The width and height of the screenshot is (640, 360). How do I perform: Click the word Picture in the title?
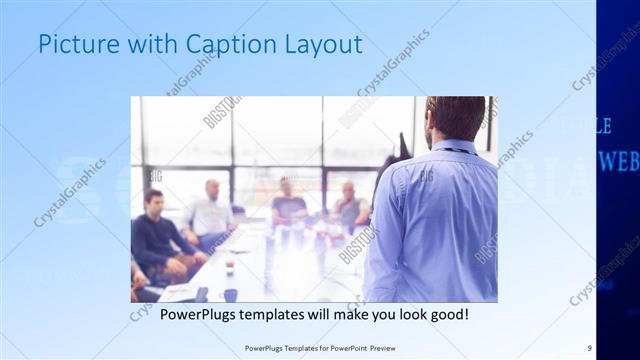pyautogui.click(x=71, y=44)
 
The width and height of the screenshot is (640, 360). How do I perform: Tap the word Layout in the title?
pyautogui.click(x=324, y=44)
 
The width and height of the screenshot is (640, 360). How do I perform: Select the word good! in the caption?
pyautogui.click(x=447, y=315)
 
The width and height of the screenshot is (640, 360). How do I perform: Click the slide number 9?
pyautogui.click(x=590, y=347)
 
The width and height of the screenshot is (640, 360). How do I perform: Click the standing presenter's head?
pyautogui.click(x=455, y=117)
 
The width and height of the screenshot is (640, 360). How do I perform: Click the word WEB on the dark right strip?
pyautogui.click(x=618, y=160)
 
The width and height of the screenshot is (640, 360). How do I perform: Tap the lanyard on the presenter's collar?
pyautogui.click(x=455, y=150)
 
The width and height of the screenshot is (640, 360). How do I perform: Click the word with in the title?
pyautogui.click(x=141, y=44)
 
